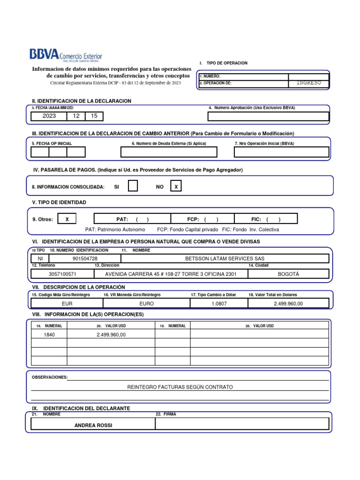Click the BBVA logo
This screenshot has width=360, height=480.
[66, 56]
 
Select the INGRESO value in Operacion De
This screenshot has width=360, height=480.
[308, 82]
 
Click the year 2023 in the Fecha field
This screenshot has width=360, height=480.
[49, 116]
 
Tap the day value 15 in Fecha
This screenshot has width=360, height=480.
[94, 116]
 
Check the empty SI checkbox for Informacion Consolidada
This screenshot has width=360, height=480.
[133, 186]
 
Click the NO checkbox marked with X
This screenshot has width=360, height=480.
[176, 187]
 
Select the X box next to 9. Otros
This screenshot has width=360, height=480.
[67, 219]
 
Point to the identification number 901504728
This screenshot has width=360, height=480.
[85, 258]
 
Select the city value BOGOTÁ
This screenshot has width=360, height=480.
[288, 274]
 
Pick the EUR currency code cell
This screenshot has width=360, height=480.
[67, 304]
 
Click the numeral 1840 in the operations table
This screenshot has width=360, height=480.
[49, 334]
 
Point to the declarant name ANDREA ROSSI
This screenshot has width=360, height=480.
[93, 425]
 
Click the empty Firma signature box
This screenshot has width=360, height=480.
[242, 424]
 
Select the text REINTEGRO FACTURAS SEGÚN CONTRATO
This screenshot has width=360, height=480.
[180, 387]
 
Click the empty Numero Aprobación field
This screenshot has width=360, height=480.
[268, 116]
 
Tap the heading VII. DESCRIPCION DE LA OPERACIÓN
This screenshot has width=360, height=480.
[78, 286]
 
